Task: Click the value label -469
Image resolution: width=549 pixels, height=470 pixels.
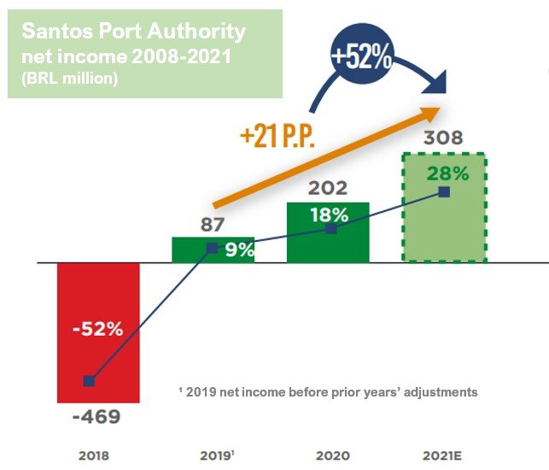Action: [96, 419]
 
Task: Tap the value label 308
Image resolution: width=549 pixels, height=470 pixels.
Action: [443, 138]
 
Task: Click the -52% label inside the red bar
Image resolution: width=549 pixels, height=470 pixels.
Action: [97, 329]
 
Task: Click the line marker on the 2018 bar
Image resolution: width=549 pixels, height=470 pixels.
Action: [89, 381]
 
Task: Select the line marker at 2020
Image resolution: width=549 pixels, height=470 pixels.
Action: [331, 229]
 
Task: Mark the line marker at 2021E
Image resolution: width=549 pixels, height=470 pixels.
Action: [444, 192]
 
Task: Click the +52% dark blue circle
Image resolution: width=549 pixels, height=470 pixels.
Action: [362, 60]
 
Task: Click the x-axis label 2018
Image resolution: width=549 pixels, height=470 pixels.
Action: [93, 455]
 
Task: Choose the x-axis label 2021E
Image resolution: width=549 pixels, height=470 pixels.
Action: [444, 455]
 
